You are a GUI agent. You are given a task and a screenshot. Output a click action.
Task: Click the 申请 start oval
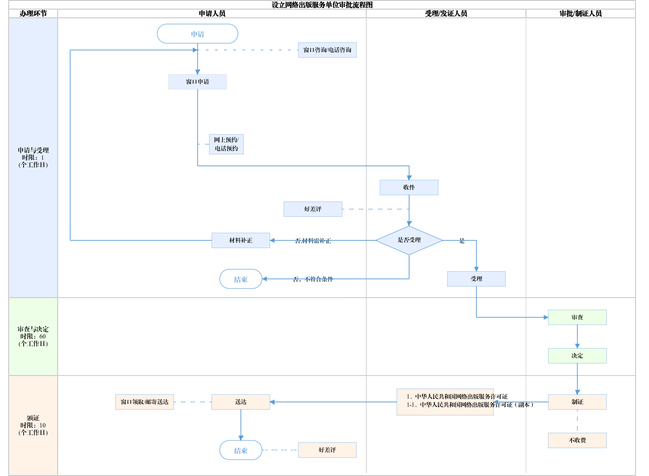[x=198, y=34]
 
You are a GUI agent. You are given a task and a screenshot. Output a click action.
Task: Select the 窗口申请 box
[x=198, y=82]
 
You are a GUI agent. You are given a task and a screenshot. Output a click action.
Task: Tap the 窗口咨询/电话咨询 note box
[x=327, y=50]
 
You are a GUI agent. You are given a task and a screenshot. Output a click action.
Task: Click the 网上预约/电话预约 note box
[x=226, y=144]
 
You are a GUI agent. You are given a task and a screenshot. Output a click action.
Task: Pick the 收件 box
[x=409, y=188]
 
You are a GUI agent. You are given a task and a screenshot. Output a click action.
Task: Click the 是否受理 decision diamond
[x=409, y=240]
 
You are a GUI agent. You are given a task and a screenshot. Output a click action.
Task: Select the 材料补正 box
[x=241, y=240]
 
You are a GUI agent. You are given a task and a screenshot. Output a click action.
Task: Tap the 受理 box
[x=476, y=279]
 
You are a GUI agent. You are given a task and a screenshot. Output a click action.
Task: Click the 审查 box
[x=577, y=317]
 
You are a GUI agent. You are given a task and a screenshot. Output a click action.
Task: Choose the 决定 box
[x=577, y=356]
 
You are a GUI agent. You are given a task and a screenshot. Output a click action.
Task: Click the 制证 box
[x=577, y=402]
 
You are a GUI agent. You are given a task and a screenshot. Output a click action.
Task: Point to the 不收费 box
[x=577, y=440]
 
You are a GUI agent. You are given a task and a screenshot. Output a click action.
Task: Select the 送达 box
[x=241, y=402]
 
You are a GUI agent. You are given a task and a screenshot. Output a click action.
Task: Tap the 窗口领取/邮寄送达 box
[x=145, y=402]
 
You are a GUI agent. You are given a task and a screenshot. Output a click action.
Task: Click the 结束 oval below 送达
[x=241, y=451]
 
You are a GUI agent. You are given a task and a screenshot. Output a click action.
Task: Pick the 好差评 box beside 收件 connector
[x=313, y=209]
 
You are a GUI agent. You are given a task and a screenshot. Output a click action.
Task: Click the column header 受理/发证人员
[x=446, y=13]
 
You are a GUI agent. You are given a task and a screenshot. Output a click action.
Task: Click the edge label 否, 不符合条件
[x=313, y=279]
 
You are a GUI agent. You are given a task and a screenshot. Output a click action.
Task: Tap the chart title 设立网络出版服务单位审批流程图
[x=322, y=5]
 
